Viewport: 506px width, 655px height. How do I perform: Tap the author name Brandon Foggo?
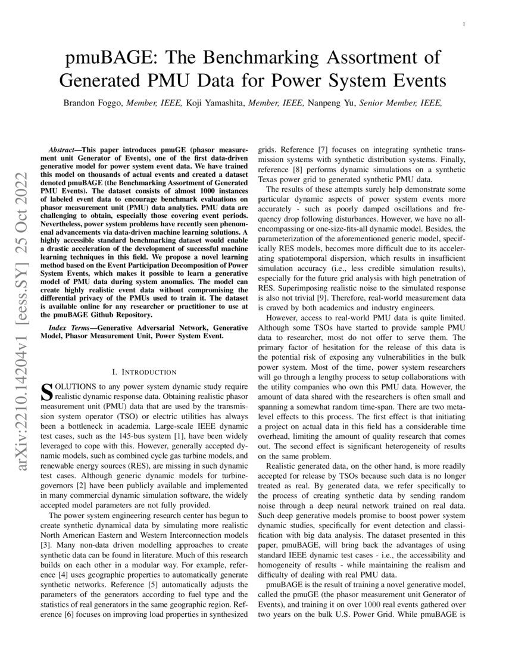click(x=92, y=102)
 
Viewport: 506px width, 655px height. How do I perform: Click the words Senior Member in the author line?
click(x=389, y=102)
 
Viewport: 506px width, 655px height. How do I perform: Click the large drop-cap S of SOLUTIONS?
click(x=46, y=391)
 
